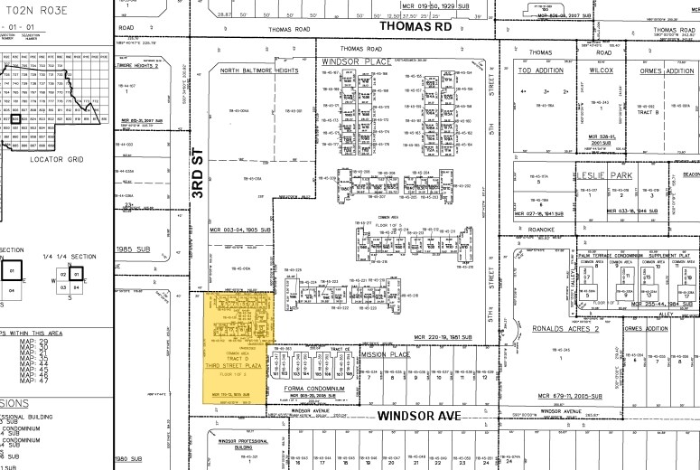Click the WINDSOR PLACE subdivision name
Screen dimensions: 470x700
[351, 61]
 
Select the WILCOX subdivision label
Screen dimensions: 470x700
[601, 69]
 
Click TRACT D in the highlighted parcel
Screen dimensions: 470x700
[235, 357]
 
